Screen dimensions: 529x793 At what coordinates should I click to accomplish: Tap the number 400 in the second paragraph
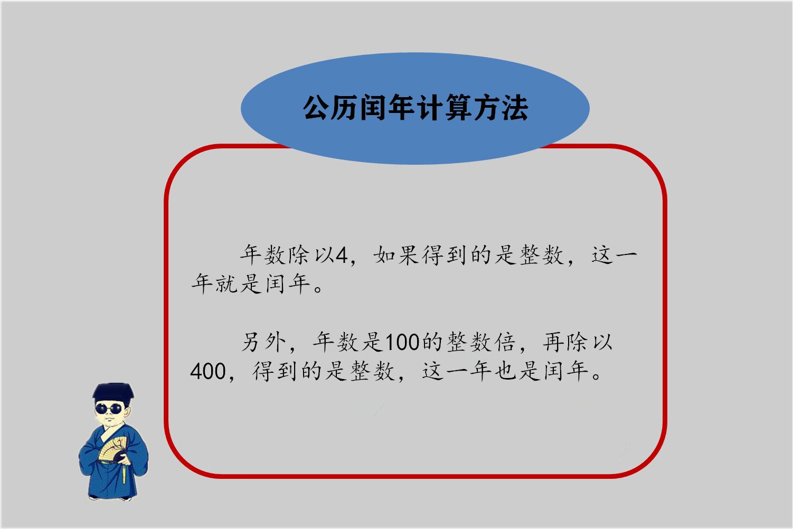coord(207,372)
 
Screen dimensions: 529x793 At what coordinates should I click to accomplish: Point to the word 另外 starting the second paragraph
coord(263,343)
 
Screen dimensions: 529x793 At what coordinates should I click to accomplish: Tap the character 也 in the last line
coord(505,372)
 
